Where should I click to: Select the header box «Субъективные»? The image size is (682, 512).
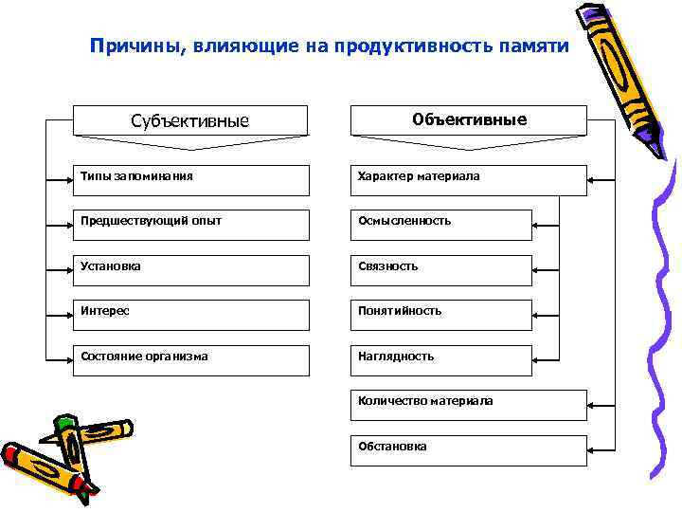(x=189, y=120)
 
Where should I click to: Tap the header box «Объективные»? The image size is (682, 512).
(x=469, y=120)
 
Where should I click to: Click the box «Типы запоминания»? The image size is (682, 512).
(x=189, y=180)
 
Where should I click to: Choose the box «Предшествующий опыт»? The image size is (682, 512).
(x=189, y=225)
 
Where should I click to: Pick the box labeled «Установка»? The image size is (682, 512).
(x=189, y=270)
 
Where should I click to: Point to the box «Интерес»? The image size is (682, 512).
(x=189, y=315)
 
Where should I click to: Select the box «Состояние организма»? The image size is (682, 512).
(x=189, y=360)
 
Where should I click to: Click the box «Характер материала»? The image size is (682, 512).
(x=469, y=180)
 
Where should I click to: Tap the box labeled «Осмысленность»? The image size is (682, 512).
(x=441, y=225)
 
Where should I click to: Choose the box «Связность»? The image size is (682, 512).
(x=441, y=270)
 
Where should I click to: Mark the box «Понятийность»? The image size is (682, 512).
(x=441, y=315)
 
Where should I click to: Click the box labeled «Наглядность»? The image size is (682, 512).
(x=441, y=360)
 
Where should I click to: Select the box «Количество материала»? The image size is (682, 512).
(x=469, y=405)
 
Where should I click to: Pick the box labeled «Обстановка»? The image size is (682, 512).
(x=469, y=450)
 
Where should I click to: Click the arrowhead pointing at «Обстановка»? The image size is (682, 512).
(x=592, y=450)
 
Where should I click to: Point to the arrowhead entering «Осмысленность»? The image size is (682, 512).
(x=537, y=225)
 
